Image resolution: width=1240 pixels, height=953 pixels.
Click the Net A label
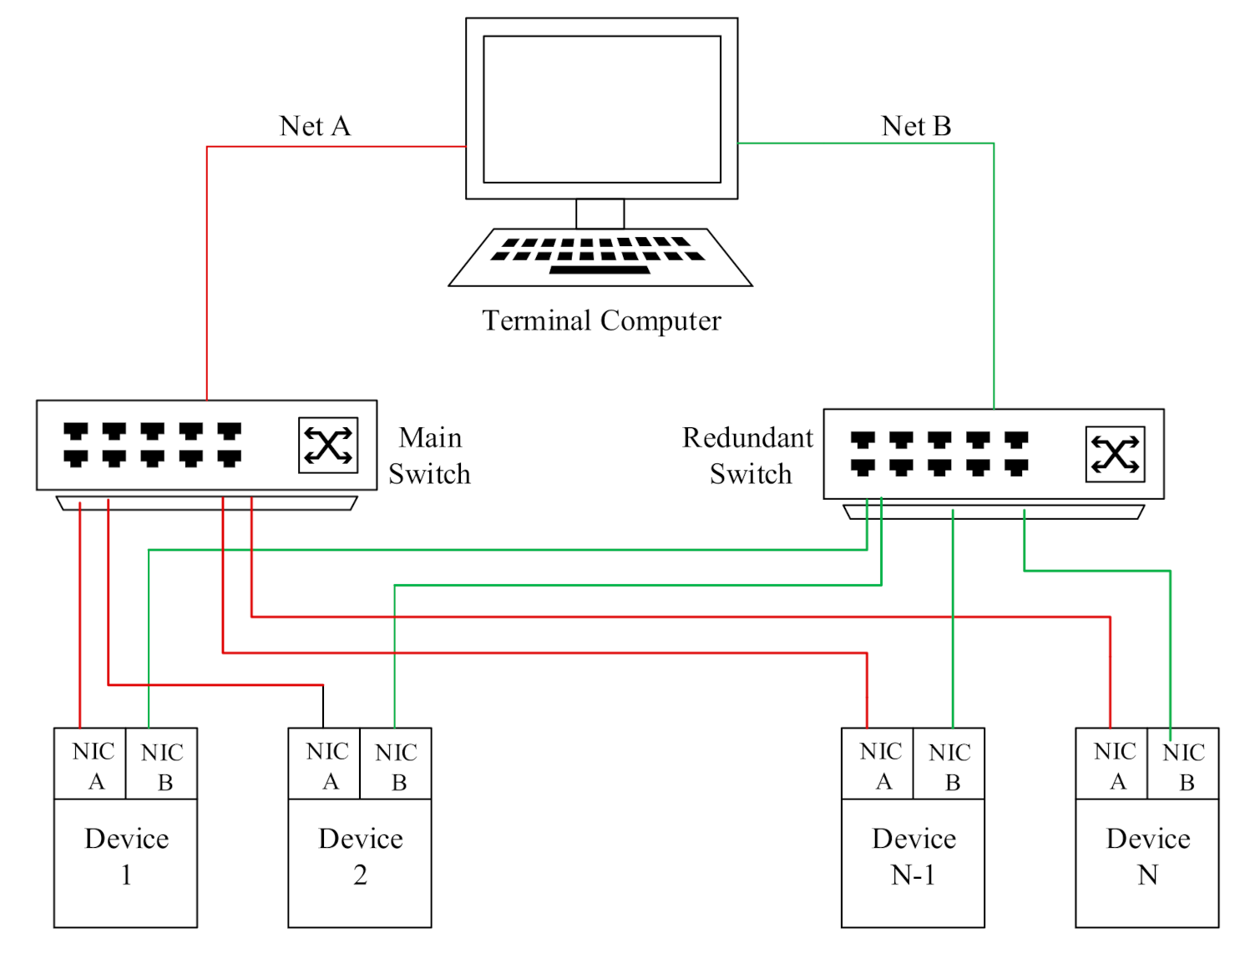[314, 126]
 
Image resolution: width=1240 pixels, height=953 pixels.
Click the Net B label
[916, 126]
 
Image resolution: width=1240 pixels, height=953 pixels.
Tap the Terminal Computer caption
[601, 320]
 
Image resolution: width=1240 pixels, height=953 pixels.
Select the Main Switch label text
[429, 456]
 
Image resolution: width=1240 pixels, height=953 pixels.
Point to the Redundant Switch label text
[748, 456]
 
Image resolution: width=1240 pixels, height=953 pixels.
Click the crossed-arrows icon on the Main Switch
[328, 446]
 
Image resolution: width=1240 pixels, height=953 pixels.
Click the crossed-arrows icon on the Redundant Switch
[1115, 455]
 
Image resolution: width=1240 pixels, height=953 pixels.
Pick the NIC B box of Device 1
[162, 764]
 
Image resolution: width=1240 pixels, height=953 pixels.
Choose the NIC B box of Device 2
[396, 764]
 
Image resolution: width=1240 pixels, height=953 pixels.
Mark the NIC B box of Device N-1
[949, 764]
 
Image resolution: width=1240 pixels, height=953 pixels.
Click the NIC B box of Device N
[1183, 764]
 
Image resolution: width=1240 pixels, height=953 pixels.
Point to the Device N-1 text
[914, 856]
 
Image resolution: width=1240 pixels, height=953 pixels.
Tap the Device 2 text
[360, 856]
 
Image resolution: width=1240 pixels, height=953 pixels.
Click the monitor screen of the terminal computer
[601, 109]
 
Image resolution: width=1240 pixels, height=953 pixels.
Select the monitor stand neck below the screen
[600, 214]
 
